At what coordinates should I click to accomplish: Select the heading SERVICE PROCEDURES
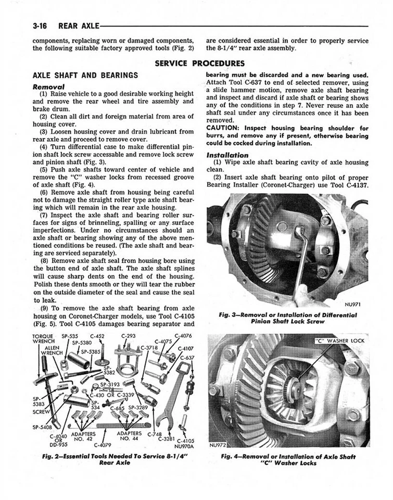point(200,64)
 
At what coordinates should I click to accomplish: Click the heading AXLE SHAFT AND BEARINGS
point(85,75)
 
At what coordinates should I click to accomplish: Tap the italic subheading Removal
point(48,86)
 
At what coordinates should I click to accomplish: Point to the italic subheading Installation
point(227,155)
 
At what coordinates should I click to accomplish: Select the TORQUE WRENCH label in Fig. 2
point(43,339)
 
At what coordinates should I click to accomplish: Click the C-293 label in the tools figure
point(129,336)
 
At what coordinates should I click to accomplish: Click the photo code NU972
point(219,445)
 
